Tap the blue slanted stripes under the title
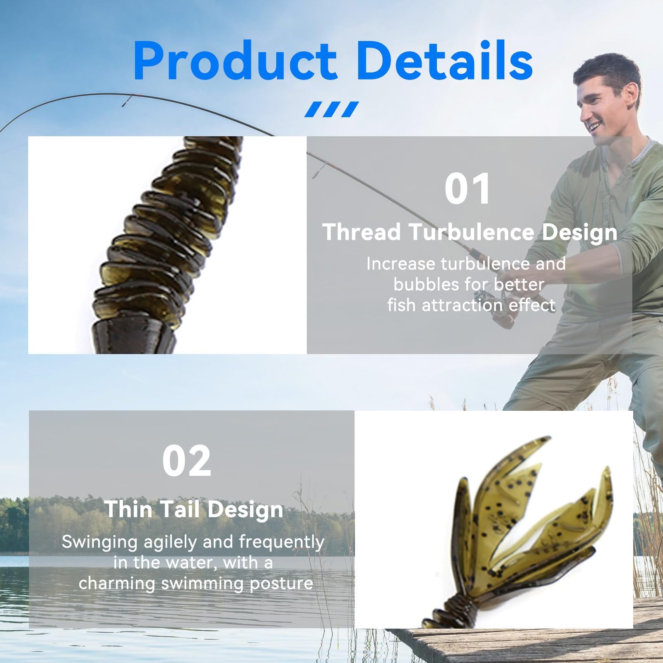pyautogui.click(x=331, y=109)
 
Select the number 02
pyautogui.click(x=187, y=460)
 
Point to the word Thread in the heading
pyautogui.click(x=362, y=231)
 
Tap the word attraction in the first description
pyautogui.click(x=463, y=305)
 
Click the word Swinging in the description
pyautogui.click(x=99, y=542)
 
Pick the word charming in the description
pyautogui.click(x=117, y=583)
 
